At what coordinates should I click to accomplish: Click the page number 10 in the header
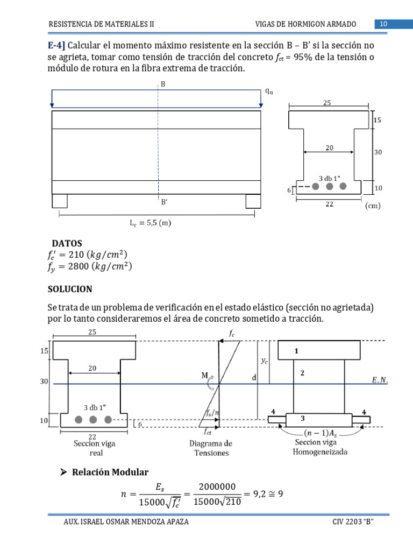[x=384, y=24]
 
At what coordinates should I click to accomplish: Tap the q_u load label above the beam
[x=269, y=91]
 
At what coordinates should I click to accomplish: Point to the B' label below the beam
[x=164, y=203]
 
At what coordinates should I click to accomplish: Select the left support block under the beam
[x=60, y=201]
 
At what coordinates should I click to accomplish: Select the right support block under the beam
[x=253, y=201]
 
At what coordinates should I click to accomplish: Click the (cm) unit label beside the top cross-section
[x=373, y=206]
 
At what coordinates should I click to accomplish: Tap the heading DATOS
[x=67, y=244]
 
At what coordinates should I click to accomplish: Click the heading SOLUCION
[x=70, y=289]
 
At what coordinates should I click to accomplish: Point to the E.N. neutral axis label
[x=380, y=381]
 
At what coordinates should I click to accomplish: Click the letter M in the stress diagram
[x=205, y=376]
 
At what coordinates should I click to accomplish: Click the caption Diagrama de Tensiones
[x=211, y=448]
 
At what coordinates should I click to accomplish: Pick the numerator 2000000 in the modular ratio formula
[x=217, y=486]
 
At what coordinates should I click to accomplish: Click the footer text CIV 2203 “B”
[x=353, y=522]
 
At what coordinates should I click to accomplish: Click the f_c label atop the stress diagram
[x=232, y=334]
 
